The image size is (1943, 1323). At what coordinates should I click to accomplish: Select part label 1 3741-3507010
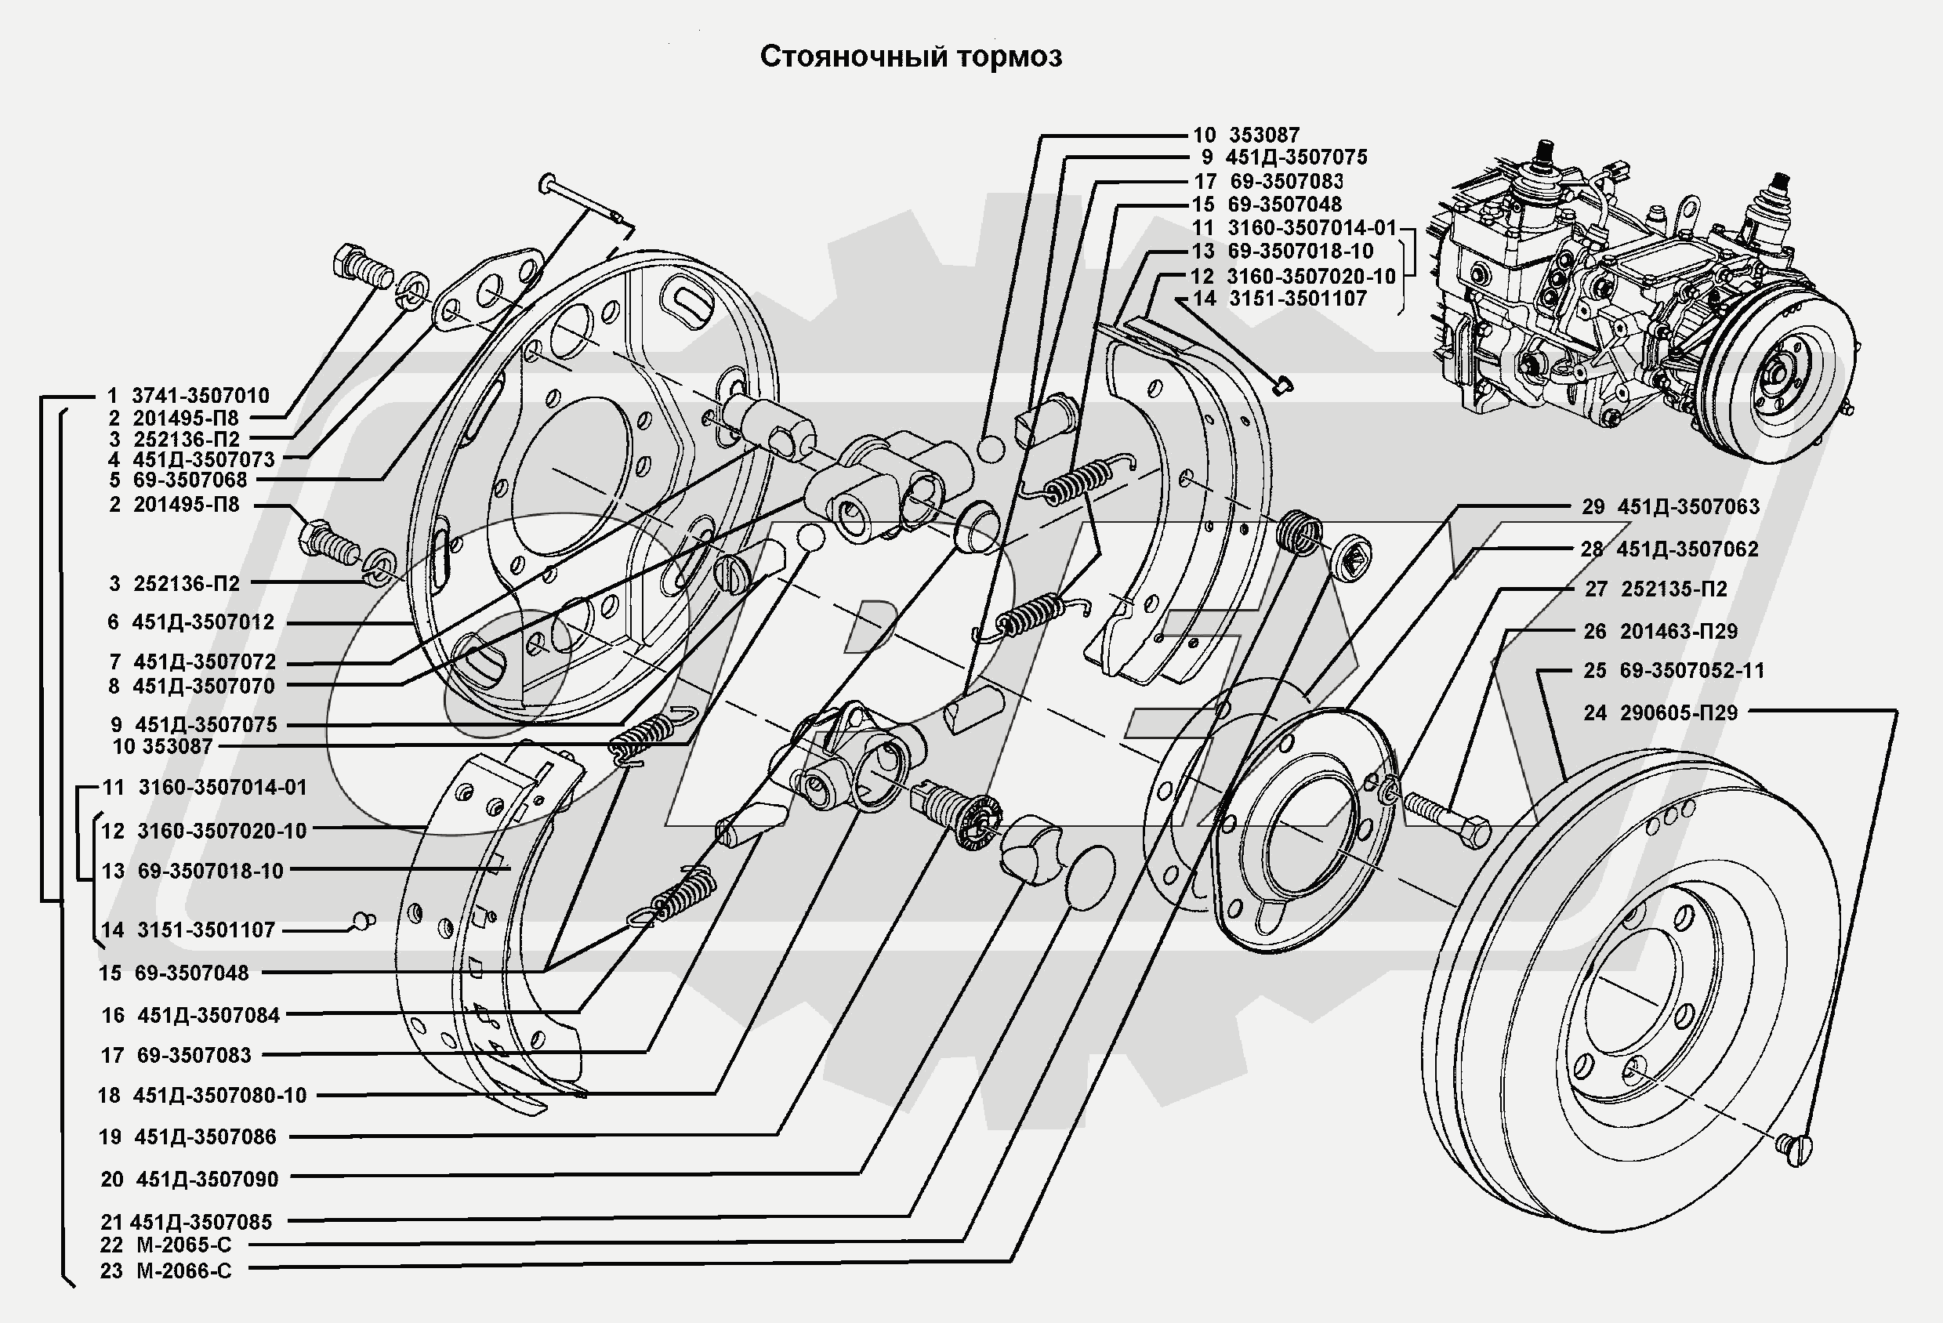(188, 396)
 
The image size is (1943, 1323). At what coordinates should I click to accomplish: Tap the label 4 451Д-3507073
(191, 459)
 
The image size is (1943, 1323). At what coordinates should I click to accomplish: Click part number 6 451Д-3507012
(191, 622)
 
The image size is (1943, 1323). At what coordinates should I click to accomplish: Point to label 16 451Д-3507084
(190, 1015)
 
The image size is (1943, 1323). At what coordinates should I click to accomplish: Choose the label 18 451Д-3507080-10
(202, 1096)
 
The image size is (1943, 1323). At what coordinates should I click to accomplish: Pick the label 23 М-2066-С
(165, 1271)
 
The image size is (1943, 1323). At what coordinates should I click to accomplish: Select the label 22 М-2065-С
(165, 1245)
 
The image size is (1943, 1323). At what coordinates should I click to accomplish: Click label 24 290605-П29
(1659, 713)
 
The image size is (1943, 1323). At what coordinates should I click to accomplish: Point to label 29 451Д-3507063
(1670, 507)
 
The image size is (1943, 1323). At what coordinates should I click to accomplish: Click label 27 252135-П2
(1656, 589)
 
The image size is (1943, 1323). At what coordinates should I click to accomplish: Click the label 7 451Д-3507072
(192, 662)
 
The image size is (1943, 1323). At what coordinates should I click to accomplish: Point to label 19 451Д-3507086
(187, 1137)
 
